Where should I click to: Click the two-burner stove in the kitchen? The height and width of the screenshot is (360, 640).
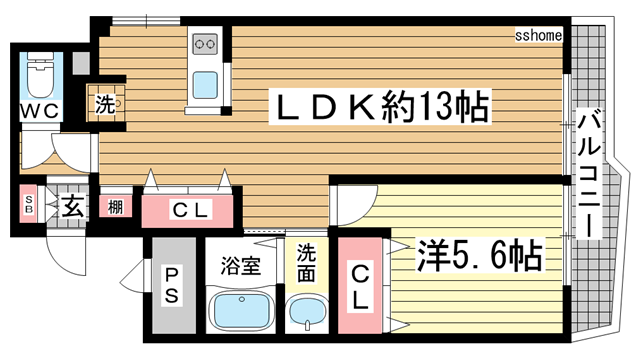206,44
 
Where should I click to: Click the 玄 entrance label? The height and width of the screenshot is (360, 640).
73,207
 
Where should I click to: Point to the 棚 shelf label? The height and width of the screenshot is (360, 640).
117,208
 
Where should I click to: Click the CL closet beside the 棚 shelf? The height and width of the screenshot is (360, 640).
189,210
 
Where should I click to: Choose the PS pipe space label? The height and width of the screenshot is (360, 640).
171,285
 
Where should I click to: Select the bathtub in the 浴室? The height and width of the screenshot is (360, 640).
240,313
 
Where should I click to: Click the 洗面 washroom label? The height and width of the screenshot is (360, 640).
307,263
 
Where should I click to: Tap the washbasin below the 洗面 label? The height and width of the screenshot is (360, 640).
307,315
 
